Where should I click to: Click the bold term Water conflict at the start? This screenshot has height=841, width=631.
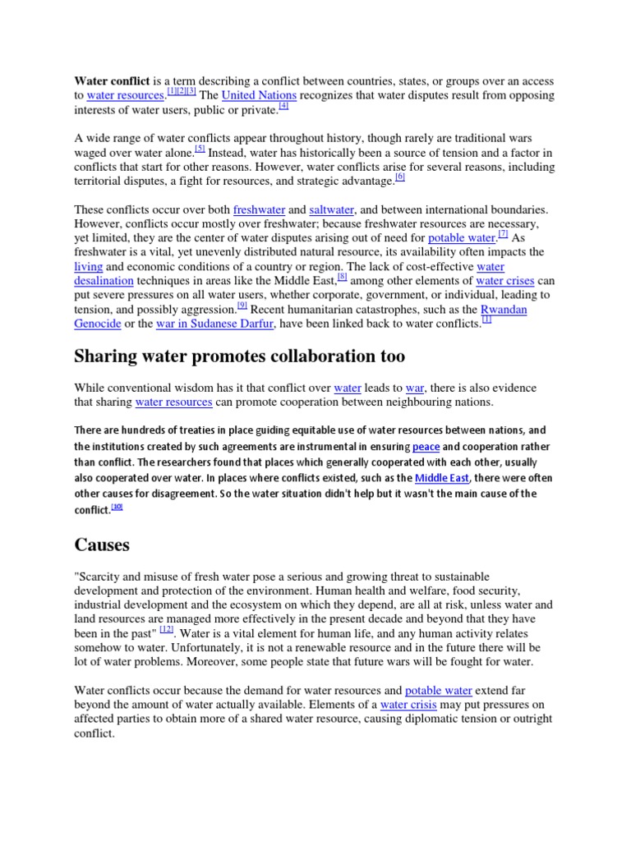coord(112,81)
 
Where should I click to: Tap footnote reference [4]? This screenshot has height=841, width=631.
coord(283,106)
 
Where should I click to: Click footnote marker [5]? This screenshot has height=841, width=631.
coord(200,149)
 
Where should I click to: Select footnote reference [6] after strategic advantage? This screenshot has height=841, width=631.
coord(400,177)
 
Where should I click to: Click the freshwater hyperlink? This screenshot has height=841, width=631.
coord(258,209)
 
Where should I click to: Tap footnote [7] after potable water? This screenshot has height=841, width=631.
coord(503,234)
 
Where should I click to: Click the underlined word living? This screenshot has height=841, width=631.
coord(89,267)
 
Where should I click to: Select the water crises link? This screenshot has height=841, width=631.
coord(505,281)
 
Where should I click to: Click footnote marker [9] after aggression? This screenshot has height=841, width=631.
coord(242,306)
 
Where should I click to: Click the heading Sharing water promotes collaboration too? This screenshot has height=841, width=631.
coord(239,356)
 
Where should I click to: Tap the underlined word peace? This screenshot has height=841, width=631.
coord(426,446)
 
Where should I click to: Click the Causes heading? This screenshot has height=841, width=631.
coord(102,545)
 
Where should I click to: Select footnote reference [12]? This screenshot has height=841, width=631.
coord(167,629)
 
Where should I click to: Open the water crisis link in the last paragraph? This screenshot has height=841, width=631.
coord(407,705)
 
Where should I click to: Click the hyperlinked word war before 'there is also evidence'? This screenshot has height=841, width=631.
coord(415,388)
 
